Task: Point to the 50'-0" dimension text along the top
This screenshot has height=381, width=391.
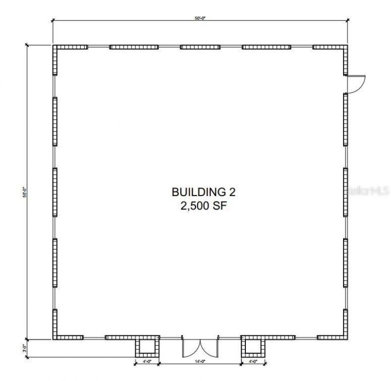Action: tap(200, 18)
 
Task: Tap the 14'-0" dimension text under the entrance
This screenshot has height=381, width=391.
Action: tap(200, 362)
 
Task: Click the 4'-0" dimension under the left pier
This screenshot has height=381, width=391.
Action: tap(147, 362)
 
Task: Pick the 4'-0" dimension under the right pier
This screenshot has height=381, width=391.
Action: tap(253, 362)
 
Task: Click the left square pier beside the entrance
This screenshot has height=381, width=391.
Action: tap(147, 347)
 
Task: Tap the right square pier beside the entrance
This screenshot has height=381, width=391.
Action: tap(253, 347)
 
